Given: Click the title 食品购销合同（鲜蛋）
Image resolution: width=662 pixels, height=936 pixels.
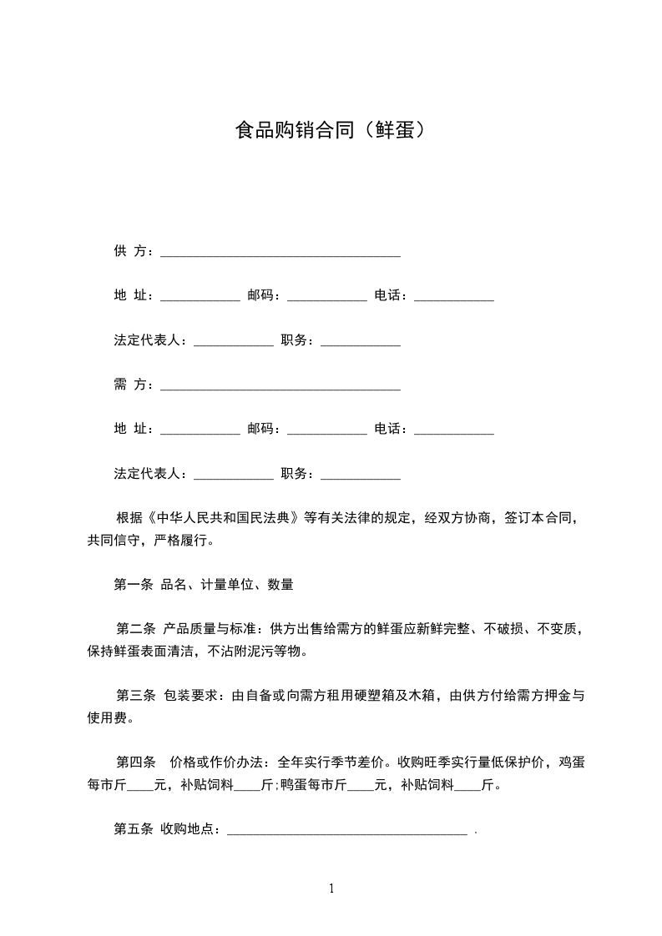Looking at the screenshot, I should coord(331,131).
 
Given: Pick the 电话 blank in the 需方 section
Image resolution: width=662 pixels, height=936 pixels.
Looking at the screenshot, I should coord(453,431).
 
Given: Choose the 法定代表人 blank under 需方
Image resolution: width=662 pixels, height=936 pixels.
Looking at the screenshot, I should coord(233,476).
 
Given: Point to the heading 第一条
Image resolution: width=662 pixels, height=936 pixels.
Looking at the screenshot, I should coord(133,585).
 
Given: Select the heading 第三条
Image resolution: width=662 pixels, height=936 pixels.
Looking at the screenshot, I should coord(136,696).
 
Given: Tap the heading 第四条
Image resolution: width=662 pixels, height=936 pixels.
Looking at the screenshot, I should coord(136,762).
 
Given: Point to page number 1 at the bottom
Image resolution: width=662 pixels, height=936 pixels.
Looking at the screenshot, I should coord(331,888).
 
